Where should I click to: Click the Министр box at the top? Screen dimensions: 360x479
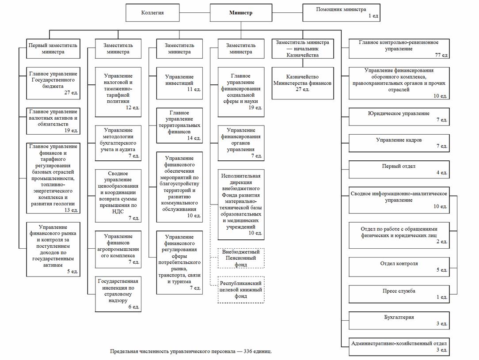[241, 13]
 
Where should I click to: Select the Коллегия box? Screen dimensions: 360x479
[152, 13]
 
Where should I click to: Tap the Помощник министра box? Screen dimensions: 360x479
[341, 12]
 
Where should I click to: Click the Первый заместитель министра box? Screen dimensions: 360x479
[53, 48]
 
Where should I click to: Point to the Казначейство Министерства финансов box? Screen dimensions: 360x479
[303, 83]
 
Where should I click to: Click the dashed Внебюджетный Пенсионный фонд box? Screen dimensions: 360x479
[241, 258]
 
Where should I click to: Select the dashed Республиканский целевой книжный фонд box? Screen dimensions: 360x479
[241, 290]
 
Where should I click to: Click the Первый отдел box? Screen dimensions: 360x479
[399, 169]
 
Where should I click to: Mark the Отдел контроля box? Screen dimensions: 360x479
[399, 266]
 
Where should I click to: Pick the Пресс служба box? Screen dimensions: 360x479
[399, 294]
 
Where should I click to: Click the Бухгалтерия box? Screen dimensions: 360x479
[399, 320]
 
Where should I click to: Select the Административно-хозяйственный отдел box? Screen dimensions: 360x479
[399, 346]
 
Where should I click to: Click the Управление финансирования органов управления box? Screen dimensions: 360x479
[241, 143]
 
